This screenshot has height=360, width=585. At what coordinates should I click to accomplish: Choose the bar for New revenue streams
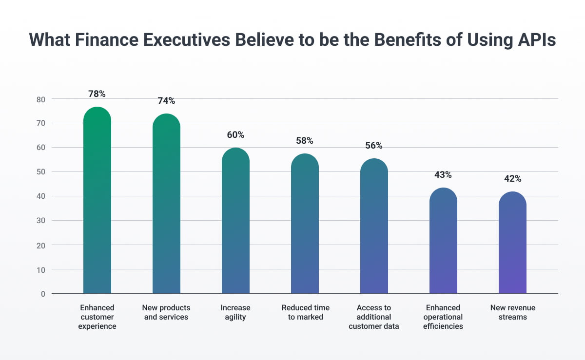(x=512, y=244)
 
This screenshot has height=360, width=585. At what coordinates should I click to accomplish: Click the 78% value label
(x=97, y=94)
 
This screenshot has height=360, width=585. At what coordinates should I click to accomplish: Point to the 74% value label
(x=166, y=101)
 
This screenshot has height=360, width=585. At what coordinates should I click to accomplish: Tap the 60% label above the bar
(x=235, y=134)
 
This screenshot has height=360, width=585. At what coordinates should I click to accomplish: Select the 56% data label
(x=374, y=146)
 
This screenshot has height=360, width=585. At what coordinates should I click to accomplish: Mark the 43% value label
(x=443, y=174)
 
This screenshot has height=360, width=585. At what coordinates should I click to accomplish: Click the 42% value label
(x=512, y=179)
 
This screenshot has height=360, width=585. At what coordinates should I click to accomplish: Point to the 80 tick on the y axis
(x=40, y=99)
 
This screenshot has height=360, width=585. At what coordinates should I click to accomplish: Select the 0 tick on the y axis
(x=43, y=294)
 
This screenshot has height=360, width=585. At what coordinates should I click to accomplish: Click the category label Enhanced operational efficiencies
(x=443, y=317)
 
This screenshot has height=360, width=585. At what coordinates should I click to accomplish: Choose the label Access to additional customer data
(x=374, y=317)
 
